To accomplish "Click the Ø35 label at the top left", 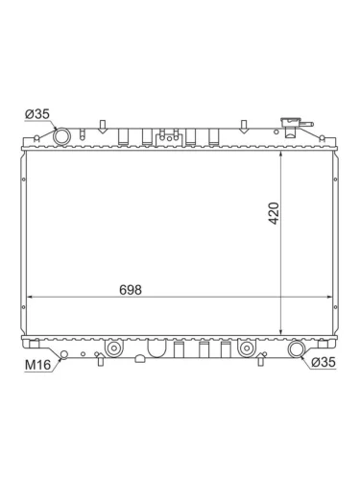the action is coord(37,113).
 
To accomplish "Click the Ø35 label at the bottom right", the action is coord(324,362).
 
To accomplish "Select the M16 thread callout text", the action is coord(38,365).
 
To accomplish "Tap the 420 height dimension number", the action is coord(274,213).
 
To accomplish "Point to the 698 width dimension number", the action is coord(131,290).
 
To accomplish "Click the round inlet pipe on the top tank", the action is coord(61,136).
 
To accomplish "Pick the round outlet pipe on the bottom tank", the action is coord(296,349).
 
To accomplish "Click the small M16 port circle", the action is coord(64,354).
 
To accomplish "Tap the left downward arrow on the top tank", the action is coord(103,127).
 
